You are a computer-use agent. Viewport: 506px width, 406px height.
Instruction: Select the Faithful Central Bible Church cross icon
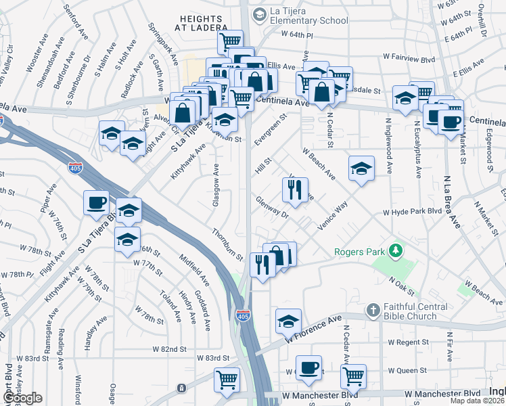point(371,310)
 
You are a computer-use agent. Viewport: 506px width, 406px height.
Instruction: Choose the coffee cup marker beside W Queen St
point(308,367)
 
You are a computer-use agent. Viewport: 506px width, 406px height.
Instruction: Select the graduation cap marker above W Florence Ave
point(288,321)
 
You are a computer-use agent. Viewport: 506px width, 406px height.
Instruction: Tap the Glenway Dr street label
point(273,207)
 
